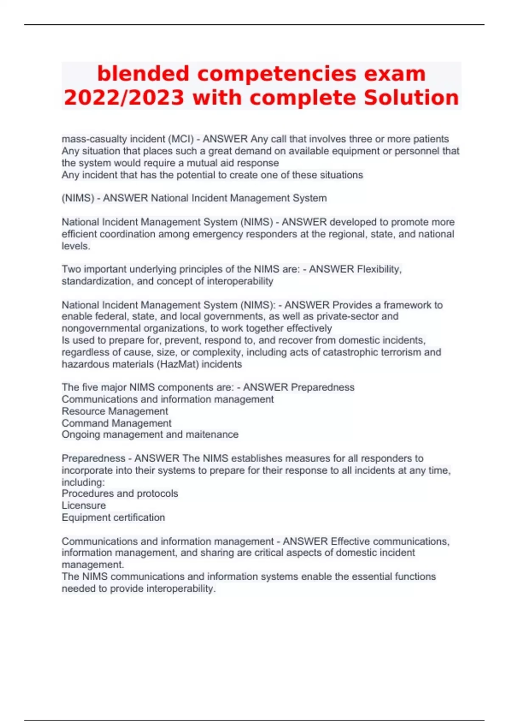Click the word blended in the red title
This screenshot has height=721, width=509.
(x=143, y=73)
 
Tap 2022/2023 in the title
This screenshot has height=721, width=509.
(x=124, y=98)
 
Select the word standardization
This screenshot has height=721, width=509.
(x=96, y=281)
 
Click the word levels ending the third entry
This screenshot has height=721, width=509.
(x=75, y=246)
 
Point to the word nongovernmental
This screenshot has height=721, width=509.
(x=99, y=328)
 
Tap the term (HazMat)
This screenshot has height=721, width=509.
(x=177, y=364)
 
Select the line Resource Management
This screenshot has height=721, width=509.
(x=115, y=411)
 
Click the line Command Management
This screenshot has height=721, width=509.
(x=117, y=423)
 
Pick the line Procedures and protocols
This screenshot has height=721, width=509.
(x=120, y=494)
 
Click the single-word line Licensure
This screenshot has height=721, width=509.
(x=84, y=506)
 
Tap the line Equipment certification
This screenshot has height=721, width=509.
(x=113, y=517)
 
